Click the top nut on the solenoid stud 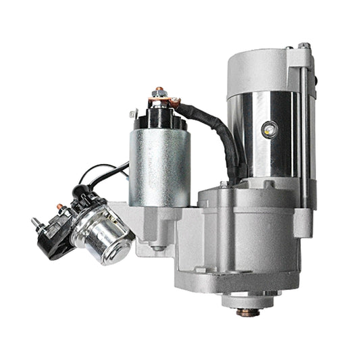(159, 90)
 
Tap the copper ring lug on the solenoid (176, 102)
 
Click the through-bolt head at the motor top (305, 47)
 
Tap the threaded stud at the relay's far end (34, 222)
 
